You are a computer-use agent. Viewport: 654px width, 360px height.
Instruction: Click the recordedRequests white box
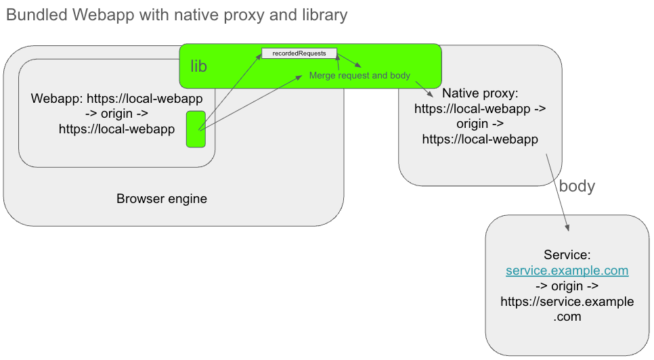[x=299, y=53]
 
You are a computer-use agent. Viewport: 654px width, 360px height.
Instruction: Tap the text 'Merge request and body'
[x=359, y=76]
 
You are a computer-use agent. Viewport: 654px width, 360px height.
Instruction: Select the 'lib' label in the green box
[x=198, y=66]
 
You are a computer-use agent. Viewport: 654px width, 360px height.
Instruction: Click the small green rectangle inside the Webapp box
[x=196, y=129]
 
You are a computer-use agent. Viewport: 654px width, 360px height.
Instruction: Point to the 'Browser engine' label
[x=162, y=199]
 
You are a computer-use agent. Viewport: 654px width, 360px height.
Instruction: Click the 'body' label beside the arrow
[x=577, y=186]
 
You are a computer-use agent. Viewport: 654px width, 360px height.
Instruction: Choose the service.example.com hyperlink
[x=567, y=271]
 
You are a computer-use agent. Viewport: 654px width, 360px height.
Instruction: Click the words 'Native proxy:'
[x=480, y=93]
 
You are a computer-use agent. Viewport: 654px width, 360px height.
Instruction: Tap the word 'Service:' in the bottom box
[x=567, y=255]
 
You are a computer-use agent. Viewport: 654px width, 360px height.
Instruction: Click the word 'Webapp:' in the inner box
[x=57, y=99]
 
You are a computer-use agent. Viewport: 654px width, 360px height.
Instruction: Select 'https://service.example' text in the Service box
[x=567, y=301]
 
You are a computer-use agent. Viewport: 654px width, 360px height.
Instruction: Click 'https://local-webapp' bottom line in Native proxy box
[x=480, y=139]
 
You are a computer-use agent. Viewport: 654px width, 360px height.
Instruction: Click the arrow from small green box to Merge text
[x=250, y=102]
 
